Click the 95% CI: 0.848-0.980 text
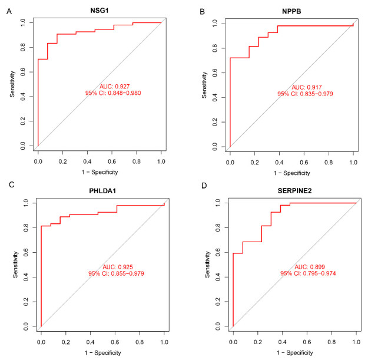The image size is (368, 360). [115, 93]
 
